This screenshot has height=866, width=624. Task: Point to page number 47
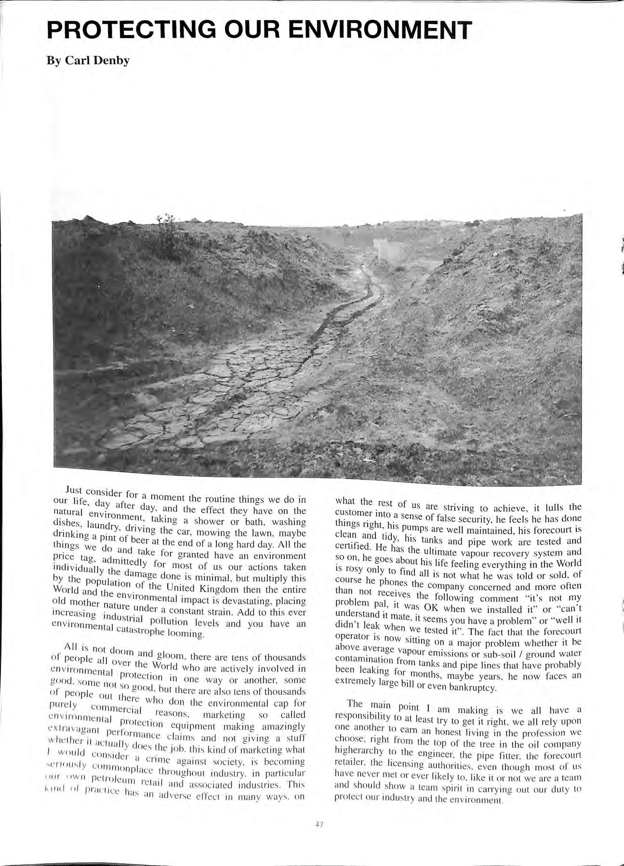[x=318, y=824]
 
